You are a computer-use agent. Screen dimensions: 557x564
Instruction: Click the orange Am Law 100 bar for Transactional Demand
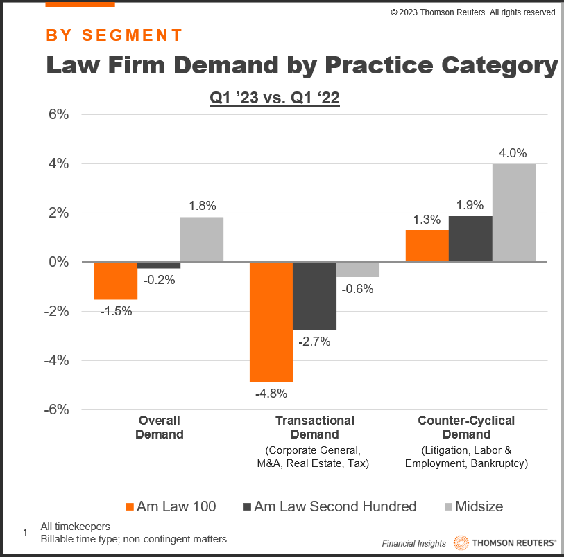tap(271, 321)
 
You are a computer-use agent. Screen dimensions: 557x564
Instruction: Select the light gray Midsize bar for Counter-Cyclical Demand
tap(513, 213)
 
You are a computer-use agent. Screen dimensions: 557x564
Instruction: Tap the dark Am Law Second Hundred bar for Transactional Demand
tap(314, 296)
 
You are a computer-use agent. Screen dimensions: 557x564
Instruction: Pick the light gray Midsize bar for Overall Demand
tap(202, 240)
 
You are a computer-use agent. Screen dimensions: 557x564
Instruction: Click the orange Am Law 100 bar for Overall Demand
tap(115, 281)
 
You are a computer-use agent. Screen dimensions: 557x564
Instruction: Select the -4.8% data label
tap(271, 394)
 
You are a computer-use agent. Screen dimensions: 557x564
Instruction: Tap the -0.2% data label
tap(159, 280)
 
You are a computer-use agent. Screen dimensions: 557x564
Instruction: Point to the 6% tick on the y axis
tap(59, 115)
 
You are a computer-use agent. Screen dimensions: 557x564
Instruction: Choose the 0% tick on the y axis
tap(59, 262)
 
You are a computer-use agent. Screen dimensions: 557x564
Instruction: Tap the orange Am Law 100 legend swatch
tap(130, 506)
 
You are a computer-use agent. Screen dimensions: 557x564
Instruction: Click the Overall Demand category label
tap(160, 427)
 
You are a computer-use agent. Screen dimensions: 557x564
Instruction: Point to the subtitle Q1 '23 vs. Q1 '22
tap(275, 98)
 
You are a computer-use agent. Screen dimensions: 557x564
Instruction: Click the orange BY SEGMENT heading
tap(114, 35)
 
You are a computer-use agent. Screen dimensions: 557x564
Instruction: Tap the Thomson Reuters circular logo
tap(461, 542)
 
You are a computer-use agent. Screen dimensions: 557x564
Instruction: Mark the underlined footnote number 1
tap(24, 533)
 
